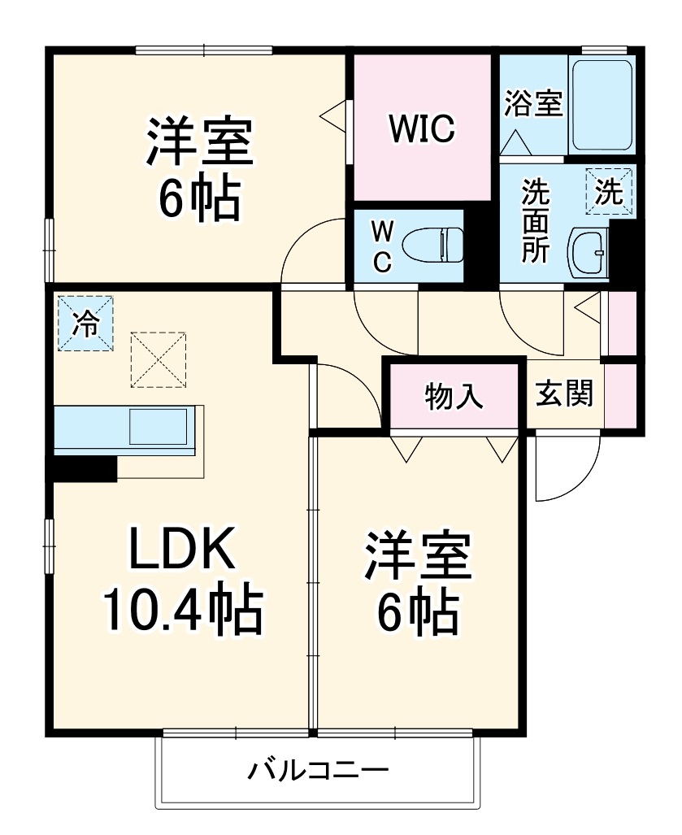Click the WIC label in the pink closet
(x=421, y=129)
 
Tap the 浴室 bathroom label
(x=533, y=105)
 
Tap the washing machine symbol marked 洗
(x=609, y=192)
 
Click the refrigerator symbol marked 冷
(x=85, y=324)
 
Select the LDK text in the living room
(x=181, y=551)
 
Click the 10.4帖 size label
(x=181, y=611)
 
